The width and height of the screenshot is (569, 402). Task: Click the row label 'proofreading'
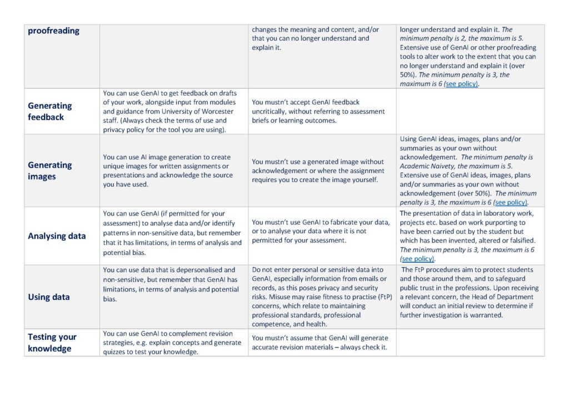coord(53,31)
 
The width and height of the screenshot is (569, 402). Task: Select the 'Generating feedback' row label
coord(50,111)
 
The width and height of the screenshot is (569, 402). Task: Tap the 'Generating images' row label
coord(50,170)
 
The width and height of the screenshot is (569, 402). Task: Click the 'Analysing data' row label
coord(57,236)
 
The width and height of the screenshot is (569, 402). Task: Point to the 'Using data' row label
coord(49,297)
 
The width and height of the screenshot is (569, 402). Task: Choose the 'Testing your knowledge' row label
coord(52,343)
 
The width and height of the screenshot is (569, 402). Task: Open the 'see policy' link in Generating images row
coord(511,202)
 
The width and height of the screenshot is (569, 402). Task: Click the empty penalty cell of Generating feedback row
coord(470,111)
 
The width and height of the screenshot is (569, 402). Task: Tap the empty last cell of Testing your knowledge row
coord(470,343)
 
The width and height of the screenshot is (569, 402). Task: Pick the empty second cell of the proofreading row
coord(173,56)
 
